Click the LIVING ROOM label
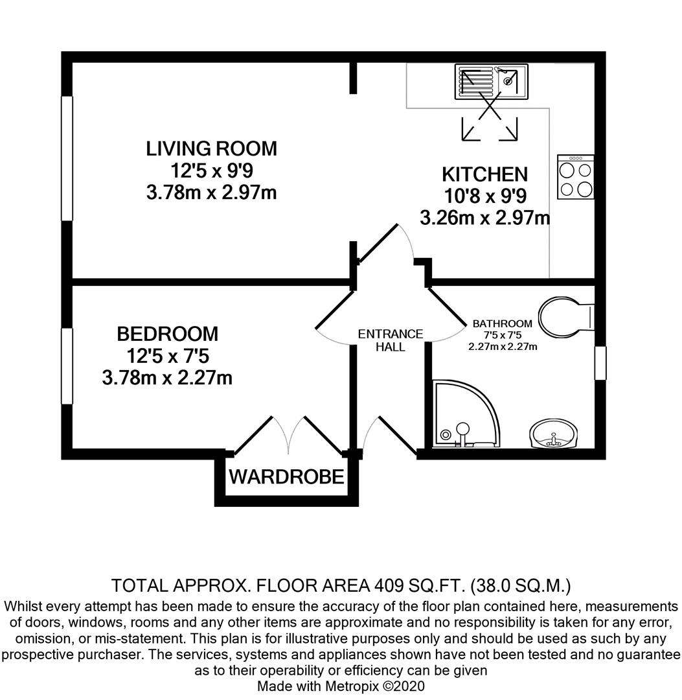211,148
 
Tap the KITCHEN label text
484,174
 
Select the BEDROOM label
167,334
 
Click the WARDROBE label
286,478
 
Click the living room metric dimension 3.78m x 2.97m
211,192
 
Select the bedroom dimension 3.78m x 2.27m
167,377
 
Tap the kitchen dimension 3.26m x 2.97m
484,218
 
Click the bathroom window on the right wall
600,363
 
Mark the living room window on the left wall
67,159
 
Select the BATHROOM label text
503,323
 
